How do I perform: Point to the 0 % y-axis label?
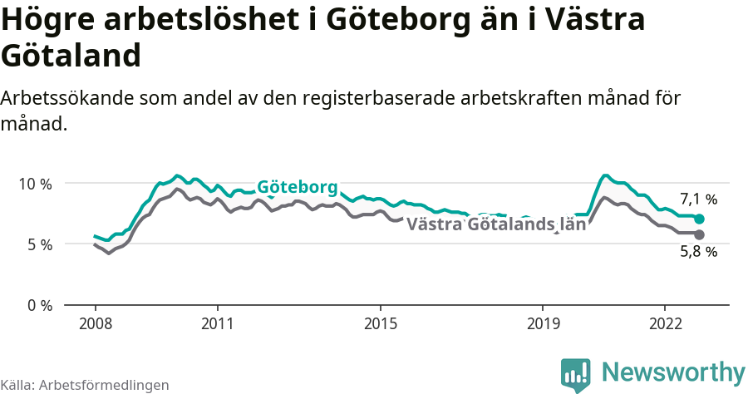(37, 306)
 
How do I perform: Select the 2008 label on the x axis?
(95, 323)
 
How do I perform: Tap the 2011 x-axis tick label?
(217, 323)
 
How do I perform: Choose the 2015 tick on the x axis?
(380, 323)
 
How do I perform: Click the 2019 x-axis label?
(543, 323)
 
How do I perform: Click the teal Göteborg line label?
(297, 187)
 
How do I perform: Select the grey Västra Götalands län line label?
(496, 224)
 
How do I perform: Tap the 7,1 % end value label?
(698, 199)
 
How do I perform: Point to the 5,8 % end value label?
(698, 252)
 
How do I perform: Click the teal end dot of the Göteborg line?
(700, 219)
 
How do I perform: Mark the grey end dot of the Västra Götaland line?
(700, 234)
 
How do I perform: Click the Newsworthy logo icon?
(576, 375)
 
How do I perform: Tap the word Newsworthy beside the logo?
(672, 372)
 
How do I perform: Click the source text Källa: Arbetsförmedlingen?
(85, 385)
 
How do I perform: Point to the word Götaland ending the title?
(69, 57)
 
